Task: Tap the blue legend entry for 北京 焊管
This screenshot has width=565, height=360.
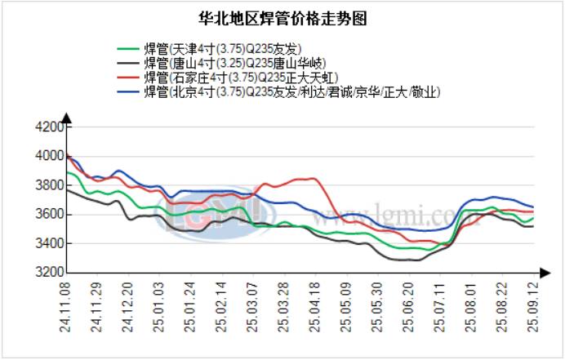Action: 291,92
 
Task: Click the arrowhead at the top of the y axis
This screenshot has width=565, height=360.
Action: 66,119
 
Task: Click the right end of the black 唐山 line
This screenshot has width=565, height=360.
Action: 533,226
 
